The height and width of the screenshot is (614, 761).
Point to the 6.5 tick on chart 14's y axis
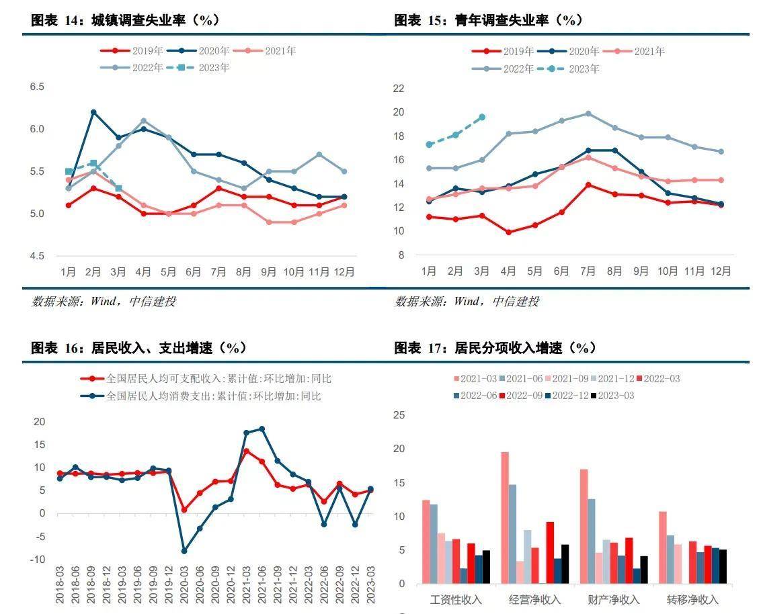(x=36, y=87)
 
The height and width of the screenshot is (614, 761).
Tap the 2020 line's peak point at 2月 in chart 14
(x=93, y=112)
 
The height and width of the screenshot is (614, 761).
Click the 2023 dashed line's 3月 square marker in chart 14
(x=118, y=188)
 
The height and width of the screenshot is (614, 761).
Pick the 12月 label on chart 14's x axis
(x=344, y=271)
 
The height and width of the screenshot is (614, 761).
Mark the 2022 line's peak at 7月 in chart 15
(x=588, y=114)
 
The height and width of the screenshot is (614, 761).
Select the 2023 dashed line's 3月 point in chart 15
(x=482, y=117)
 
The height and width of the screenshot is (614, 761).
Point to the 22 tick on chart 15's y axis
(x=398, y=88)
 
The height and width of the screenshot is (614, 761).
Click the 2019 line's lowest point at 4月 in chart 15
(x=508, y=232)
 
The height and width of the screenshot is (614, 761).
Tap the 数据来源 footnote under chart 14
(x=104, y=301)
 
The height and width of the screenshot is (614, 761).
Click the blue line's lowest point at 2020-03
(x=184, y=551)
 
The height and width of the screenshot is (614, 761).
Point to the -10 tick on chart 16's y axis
(x=38, y=559)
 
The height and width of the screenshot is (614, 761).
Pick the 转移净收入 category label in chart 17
(x=692, y=599)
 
